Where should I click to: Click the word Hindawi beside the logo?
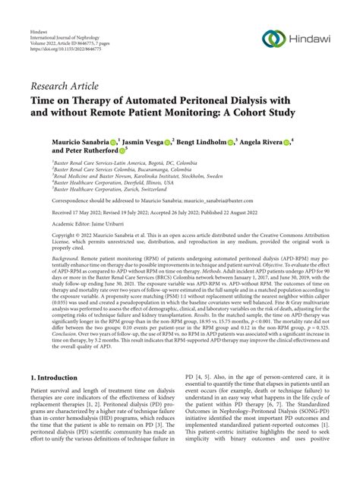308,38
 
